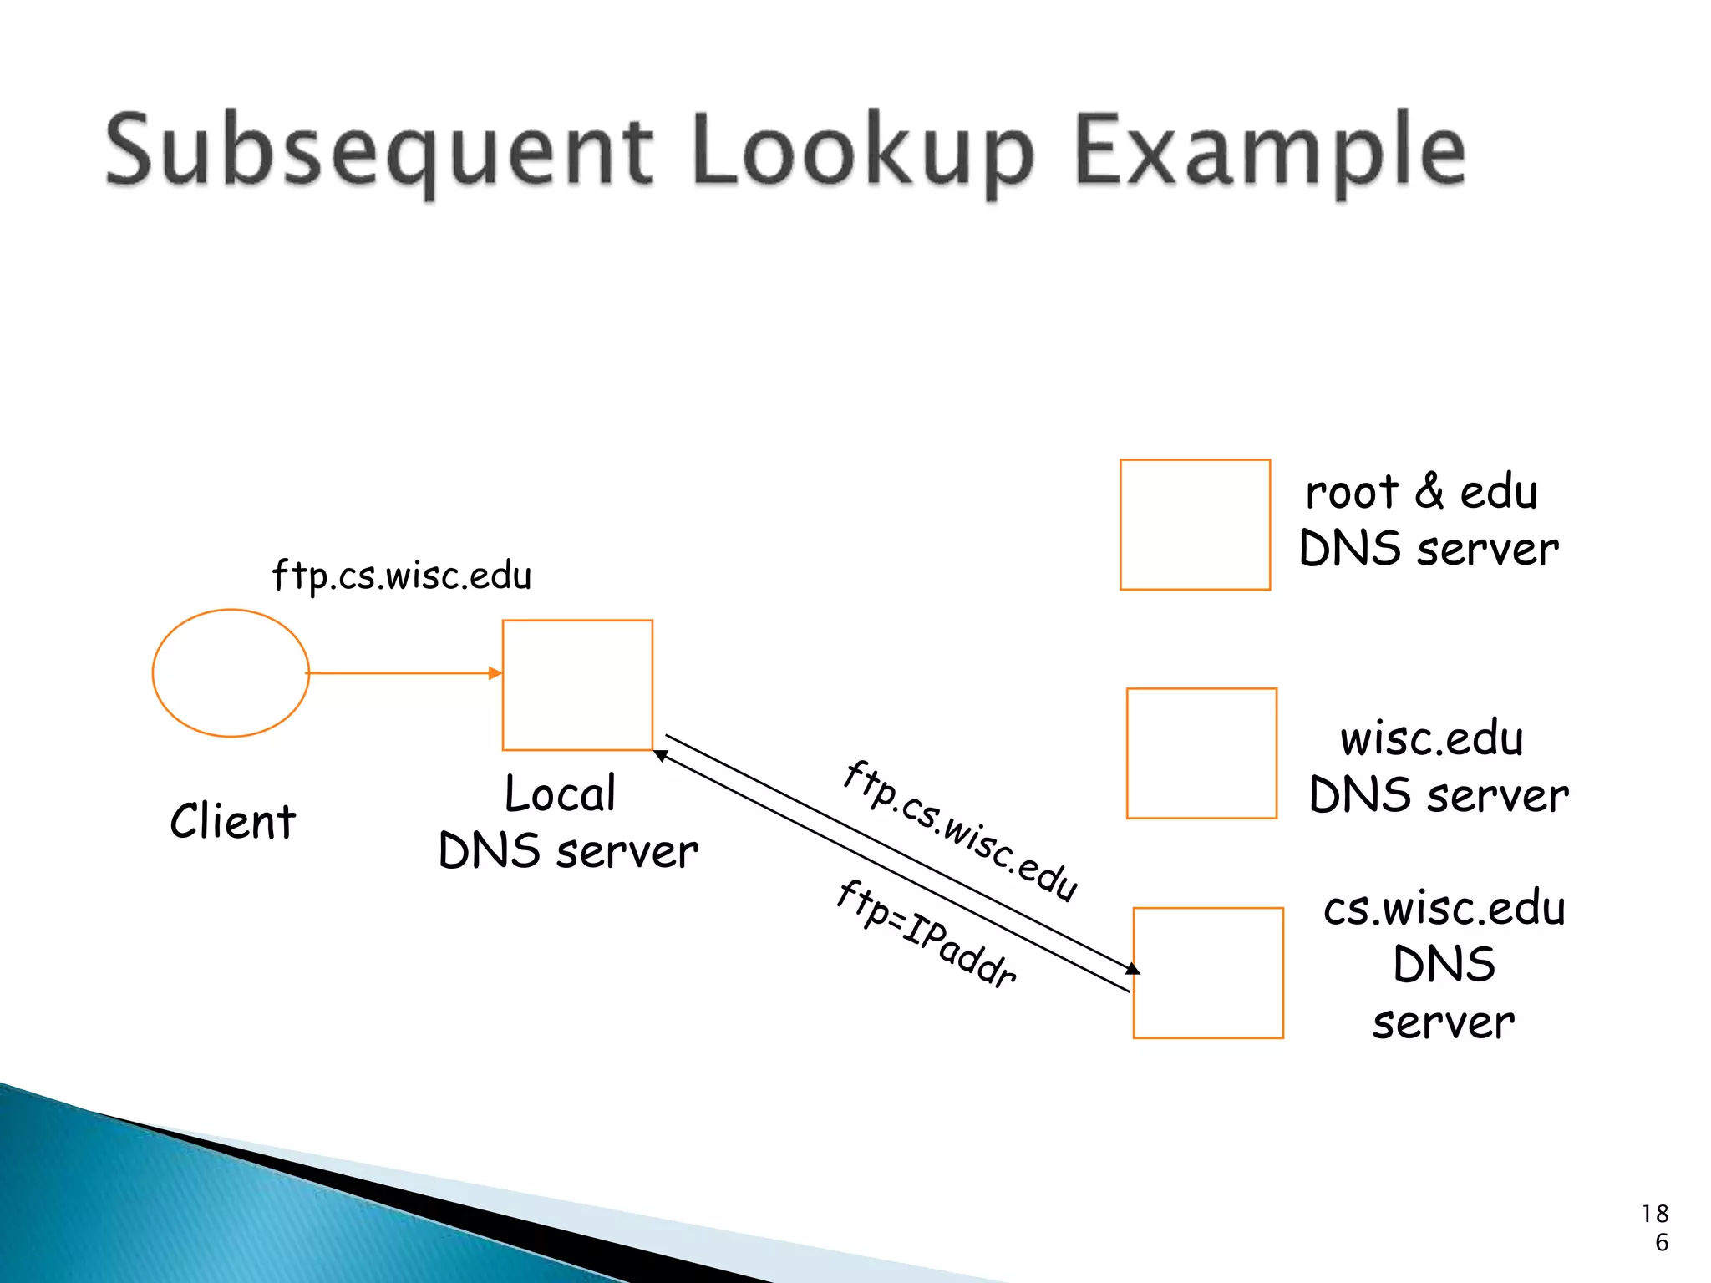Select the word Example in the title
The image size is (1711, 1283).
click(x=1270, y=150)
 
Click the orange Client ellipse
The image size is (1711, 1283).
click(x=231, y=673)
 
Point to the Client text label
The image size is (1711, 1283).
click(x=233, y=821)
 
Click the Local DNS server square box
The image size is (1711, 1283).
click(x=577, y=685)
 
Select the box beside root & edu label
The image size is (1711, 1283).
click(x=1195, y=525)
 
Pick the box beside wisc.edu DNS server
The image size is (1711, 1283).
click(x=1201, y=753)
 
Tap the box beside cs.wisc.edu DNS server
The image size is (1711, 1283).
click(x=1208, y=973)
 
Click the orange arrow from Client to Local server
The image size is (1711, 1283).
click(x=401, y=672)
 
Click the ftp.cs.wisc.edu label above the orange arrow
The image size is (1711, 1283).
click(x=402, y=576)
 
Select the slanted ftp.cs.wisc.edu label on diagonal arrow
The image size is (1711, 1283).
click(x=961, y=831)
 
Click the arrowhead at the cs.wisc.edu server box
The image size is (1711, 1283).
click(x=1133, y=969)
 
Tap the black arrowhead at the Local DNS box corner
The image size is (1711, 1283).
click(x=660, y=755)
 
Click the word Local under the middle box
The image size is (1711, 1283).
click(x=561, y=794)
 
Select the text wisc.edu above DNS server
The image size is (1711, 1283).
click(x=1432, y=738)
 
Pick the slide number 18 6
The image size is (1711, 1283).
click(x=1656, y=1228)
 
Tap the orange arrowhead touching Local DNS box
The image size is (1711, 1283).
click(x=495, y=672)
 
